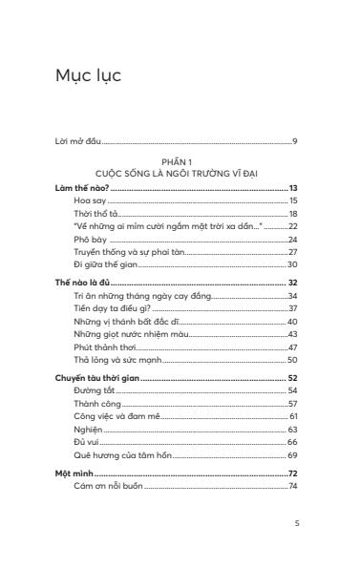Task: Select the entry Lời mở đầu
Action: [80, 142]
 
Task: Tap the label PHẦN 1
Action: [178, 162]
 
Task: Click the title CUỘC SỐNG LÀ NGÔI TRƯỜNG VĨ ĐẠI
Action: [178, 172]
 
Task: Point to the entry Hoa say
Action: [90, 202]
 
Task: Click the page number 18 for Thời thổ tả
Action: [294, 214]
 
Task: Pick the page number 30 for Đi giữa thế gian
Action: [293, 263]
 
